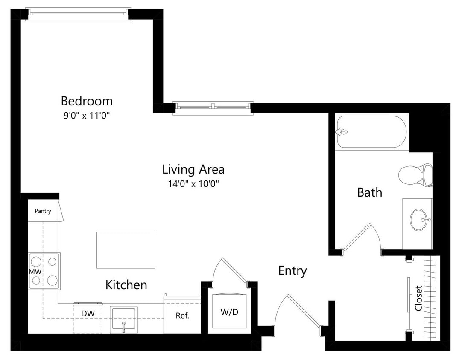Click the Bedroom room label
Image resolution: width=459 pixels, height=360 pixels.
click(x=87, y=101)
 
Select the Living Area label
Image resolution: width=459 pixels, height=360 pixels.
click(x=193, y=169)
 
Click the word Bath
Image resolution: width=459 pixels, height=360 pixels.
click(x=369, y=192)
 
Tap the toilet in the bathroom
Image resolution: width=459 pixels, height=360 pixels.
click(x=414, y=174)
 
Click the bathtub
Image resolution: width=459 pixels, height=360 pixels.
click(x=371, y=132)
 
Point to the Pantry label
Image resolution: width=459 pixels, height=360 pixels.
click(x=43, y=211)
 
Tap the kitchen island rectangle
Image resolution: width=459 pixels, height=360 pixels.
click(x=126, y=250)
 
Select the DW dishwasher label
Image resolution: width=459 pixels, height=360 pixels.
click(x=88, y=314)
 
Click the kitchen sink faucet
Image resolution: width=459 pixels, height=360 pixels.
click(x=123, y=327)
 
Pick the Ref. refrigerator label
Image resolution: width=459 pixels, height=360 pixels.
click(x=182, y=316)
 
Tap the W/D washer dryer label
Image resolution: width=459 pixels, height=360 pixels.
click(x=229, y=312)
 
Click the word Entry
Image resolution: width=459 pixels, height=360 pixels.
click(x=292, y=270)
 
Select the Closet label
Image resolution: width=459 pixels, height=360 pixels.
click(x=418, y=298)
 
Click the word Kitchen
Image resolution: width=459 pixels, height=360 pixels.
click(x=126, y=285)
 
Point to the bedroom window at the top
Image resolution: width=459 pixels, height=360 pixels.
click(x=78, y=14)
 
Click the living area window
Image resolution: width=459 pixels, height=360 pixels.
click(x=213, y=107)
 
